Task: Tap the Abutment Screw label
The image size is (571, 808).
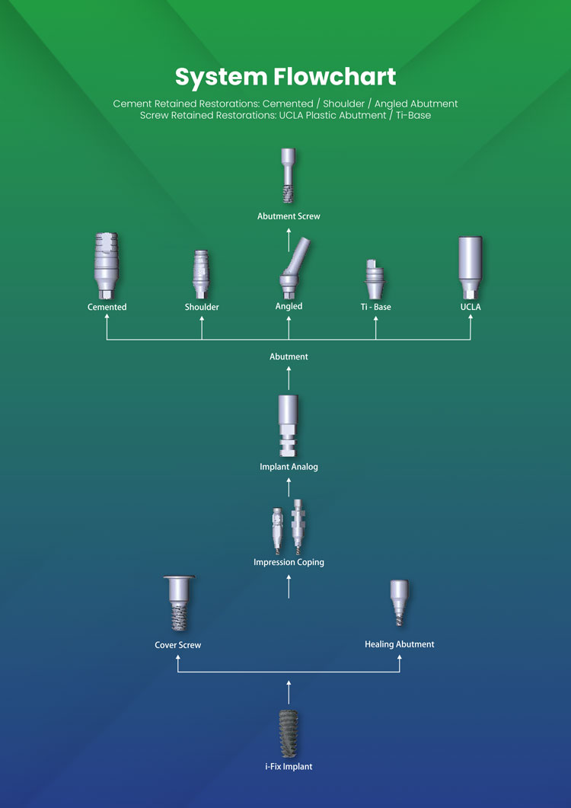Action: coord(289,216)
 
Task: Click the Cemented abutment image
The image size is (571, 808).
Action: coord(107,267)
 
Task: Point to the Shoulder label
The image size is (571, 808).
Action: coord(202,307)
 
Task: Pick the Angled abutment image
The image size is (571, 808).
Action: coord(291,270)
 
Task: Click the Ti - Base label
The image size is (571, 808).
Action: coord(375,307)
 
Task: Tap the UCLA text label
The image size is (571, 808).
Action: coord(471,307)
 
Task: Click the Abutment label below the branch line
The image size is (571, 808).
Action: coord(289,356)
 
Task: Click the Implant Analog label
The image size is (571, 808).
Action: coord(289,467)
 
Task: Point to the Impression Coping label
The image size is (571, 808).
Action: coord(289,562)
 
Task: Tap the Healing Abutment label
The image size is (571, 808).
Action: coord(400,644)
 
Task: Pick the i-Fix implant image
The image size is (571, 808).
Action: coord(289,732)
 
